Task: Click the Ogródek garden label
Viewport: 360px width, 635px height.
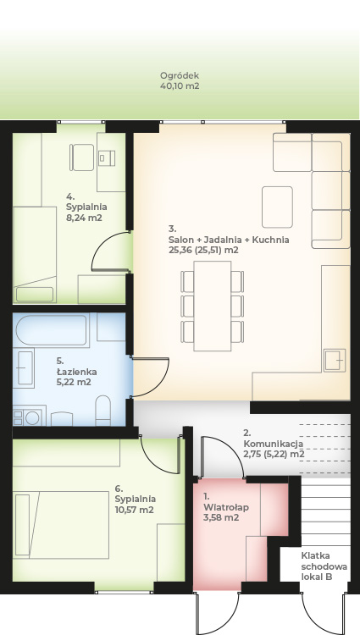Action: point(180,75)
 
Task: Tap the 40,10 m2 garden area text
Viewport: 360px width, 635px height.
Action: point(180,86)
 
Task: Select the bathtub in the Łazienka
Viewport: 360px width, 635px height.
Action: point(53,330)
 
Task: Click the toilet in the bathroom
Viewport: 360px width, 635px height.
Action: point(102,411)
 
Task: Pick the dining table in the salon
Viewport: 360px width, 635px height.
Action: point(213,306)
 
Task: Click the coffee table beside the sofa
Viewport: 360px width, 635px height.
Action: point(277,207)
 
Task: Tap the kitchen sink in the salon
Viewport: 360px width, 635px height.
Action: point(335,360)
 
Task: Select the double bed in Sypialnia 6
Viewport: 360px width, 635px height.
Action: point(62,525)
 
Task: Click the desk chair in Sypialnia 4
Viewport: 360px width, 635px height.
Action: point(82,157)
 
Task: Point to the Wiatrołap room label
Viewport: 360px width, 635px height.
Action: point(226,507)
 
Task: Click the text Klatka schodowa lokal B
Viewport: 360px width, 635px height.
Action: point(324,566)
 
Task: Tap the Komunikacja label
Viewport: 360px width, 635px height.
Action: point(274,444)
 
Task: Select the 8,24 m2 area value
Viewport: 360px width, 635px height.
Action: point(84,218)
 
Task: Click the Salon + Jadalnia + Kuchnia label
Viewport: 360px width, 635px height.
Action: point(229,240)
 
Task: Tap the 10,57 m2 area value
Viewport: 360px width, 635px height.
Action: point(134,510)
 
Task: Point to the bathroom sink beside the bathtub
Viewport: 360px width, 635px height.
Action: point(25,368)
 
